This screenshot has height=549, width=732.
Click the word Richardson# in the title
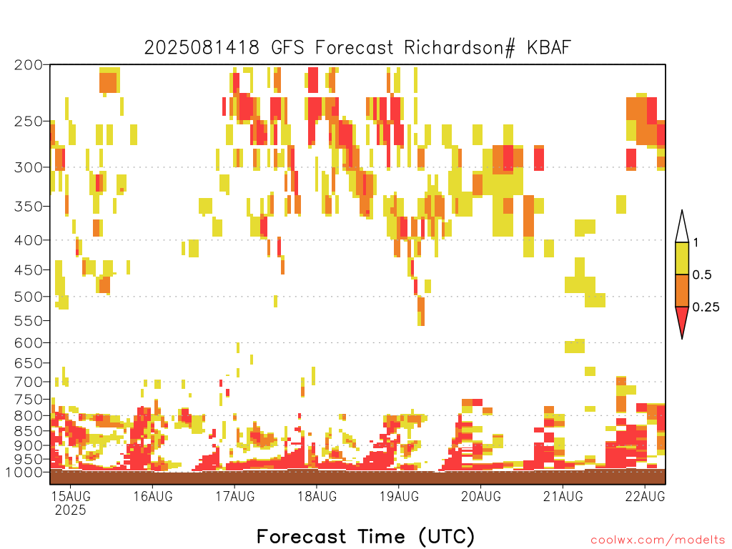[x=460, y=48]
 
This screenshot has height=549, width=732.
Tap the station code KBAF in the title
[x=549, y=48]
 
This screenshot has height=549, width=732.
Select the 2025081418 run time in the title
[x=202, y=48]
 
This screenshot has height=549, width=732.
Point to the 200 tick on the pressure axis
[x=28, y=65]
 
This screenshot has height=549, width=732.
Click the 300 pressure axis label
[x=28, y=167]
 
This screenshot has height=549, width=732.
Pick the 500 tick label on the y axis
[x=28, y=297]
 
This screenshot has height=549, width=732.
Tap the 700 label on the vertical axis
[x=28, y=382]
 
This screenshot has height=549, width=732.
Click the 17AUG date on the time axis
[x=234, y=496]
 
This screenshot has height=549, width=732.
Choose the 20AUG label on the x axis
[x=481, y=496]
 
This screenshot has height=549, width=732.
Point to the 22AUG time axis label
[x=646, y=496]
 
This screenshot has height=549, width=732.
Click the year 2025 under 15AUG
[x=71, y=510]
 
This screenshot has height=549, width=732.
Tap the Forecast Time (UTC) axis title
[x=365, y=536]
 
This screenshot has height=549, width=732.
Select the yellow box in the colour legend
[x=682, y=258]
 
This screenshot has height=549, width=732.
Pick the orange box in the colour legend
[x=682, y=290]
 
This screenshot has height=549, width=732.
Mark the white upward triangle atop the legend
[x=682, y=229]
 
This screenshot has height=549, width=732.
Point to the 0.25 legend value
[x=706, y=307]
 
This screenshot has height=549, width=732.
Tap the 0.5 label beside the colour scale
[x=702, y=275]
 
